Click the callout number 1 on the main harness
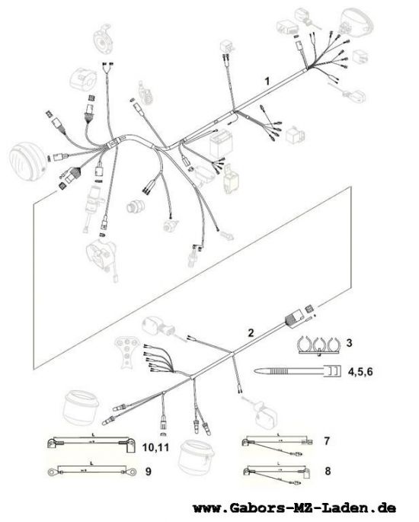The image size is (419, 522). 267,80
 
